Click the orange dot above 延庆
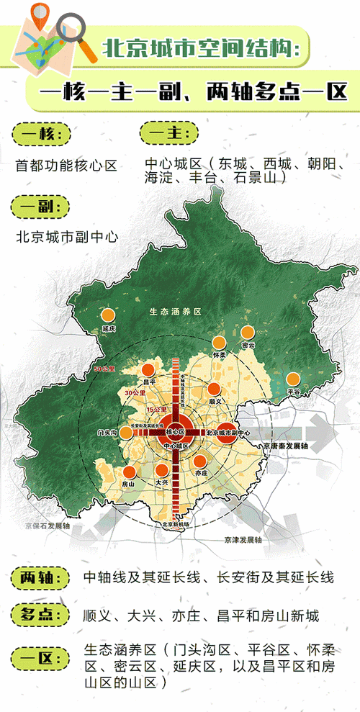pyautogui.click(x=109, y=315)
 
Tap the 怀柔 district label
pyautogui.click(x=220, y=356)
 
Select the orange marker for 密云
pyautogui.click(x=248, y=333)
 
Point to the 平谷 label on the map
pyautogui.click(x=293, y=390)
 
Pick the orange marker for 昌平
pyautogui.click(x=150, y=369)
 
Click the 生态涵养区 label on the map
pyautogui.click(x=176, y=312)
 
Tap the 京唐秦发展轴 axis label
pyautogui.click(x=285, y=447)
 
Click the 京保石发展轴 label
pyautogui.click(x=47, y=526)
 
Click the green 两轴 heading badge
pyautogui.click(x=40, y=577)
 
